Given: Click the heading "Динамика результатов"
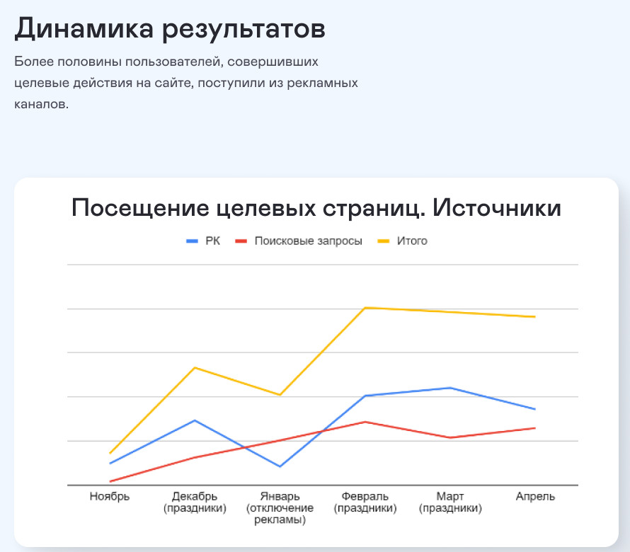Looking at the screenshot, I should point(170,29).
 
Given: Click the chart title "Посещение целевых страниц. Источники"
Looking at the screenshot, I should point(316,209).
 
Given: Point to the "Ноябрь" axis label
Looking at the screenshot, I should point(110,496).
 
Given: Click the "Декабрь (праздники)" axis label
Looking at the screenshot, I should point(195,502).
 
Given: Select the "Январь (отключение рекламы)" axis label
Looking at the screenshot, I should point(280,508).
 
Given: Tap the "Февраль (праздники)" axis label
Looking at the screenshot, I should point(365,502).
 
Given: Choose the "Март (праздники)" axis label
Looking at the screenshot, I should point(450,502).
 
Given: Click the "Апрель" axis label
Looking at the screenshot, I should point(535,496).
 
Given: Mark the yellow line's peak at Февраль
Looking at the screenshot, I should point(365,308).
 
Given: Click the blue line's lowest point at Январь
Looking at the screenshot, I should point(280,466).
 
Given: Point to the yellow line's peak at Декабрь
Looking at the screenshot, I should point(195,368).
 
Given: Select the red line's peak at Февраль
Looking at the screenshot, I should point(365,422).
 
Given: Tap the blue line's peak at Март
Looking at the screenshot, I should point(450,388).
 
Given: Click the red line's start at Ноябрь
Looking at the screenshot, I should point(110,481).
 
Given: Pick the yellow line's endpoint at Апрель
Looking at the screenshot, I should point(535,316).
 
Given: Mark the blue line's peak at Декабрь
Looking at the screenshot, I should point(195,420).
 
